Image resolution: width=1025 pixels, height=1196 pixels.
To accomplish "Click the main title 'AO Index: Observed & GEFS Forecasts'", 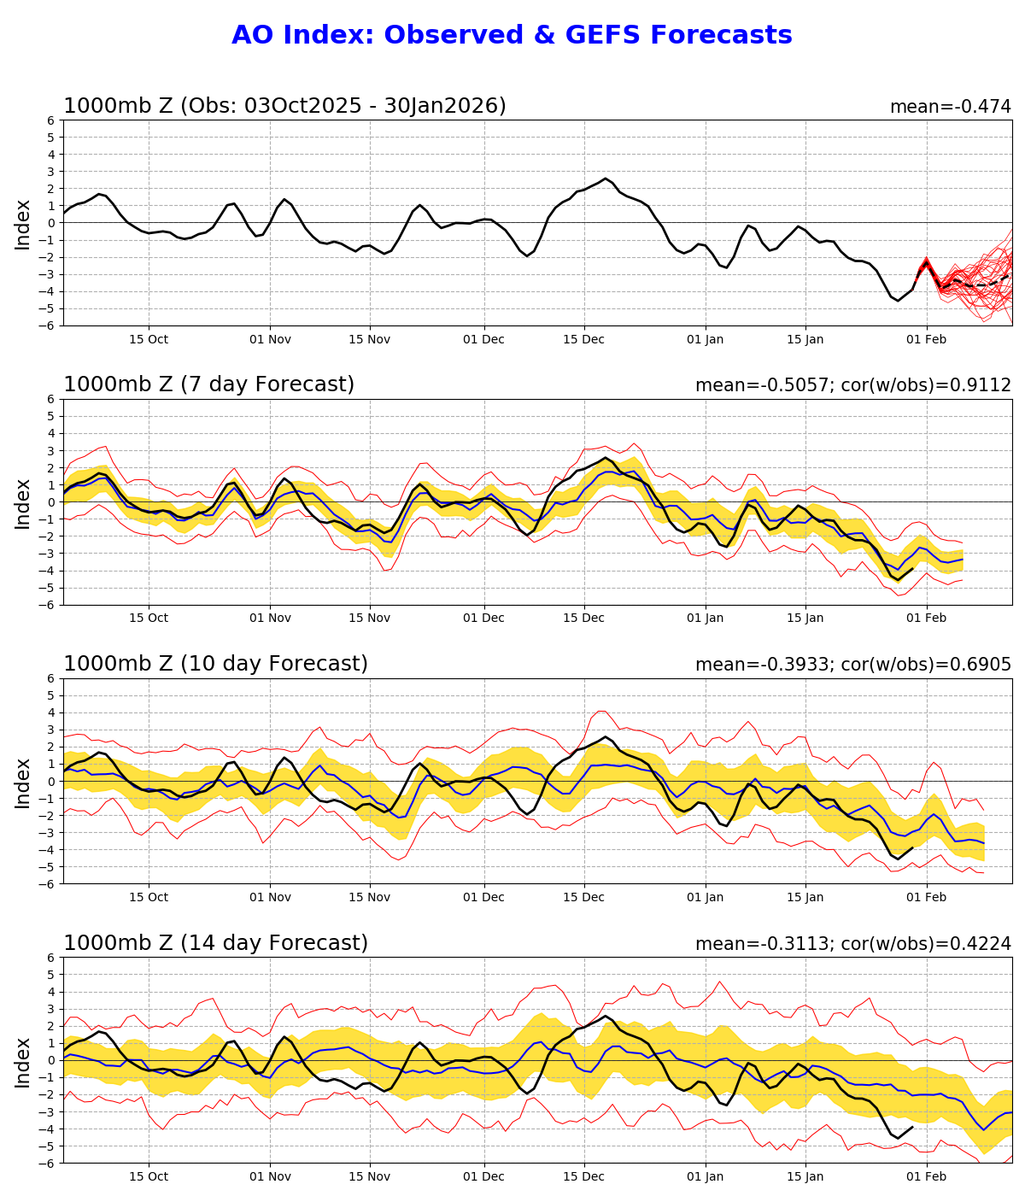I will pyautogui.click(x=512, y=36).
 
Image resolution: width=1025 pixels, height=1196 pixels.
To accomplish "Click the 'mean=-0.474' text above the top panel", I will pyautogui.click(x=950, y=107).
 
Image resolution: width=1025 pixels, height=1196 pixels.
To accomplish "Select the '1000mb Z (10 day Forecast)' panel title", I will pyautogui.click(x=215, y=664).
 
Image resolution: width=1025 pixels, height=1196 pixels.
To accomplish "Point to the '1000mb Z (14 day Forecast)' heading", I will pyautogui.click(x=215, y=943).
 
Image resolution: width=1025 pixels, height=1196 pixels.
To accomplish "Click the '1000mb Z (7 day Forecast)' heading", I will pyautogui.click(x=208, y=384).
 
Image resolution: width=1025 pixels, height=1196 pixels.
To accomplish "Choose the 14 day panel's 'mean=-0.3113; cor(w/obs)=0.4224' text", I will pyautogui.click(x=852, y=944).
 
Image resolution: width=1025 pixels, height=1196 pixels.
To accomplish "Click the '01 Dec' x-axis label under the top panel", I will pyautogui.click(x=484, y=339).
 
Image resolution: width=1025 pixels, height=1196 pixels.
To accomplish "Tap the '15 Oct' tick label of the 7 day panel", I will pyautogui.click(x=149, y=619).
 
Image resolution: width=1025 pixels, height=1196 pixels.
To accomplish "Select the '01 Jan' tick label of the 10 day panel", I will pyautogui.click(x=706, y=897).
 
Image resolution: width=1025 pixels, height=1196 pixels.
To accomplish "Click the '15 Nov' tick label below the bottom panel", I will pyautogui.click(x=370, y=1176).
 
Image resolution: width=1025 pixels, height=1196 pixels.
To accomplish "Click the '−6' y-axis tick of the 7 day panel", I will pyautogui.click(x=48, y=605).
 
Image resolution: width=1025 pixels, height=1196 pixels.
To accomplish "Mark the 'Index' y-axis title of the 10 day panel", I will pyautogui.click(x=23, y=782).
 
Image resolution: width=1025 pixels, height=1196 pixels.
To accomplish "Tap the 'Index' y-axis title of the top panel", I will pyautogui.click(x=23, y=224).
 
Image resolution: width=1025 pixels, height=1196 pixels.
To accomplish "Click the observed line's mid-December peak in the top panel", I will pyautogui.click(x=606, y=179).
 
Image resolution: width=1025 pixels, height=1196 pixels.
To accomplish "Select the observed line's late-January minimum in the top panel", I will pyautogui.click(x=898, y=301).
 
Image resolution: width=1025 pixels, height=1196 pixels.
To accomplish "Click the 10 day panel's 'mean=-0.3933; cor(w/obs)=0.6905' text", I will pyautogui.click(x=852, y=665).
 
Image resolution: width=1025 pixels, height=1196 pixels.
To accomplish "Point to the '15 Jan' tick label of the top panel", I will pyautogui.click(x=805, y=339).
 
